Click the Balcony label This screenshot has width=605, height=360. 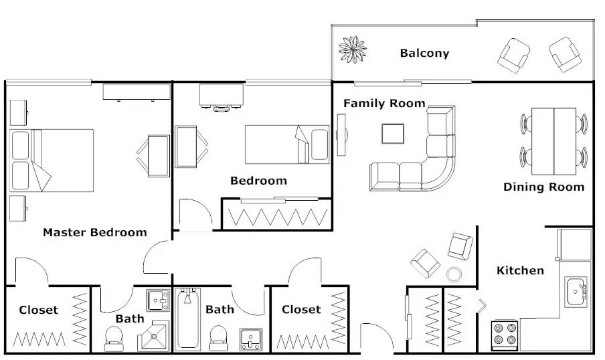point(424,53)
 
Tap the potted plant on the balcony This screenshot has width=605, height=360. point(352,50)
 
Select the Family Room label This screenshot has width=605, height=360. point(384,104)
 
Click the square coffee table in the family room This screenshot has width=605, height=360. point(393,134)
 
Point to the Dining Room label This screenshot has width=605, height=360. point(543,187)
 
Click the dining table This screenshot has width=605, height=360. point(553,141)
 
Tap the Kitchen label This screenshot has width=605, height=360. point(520,270)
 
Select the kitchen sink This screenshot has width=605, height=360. point(576,292)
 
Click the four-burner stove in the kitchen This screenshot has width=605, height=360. point(505,335)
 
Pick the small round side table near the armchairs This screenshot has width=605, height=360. point(454,274)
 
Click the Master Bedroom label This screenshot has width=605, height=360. point(95,232)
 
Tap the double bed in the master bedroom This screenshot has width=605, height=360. point(52,161)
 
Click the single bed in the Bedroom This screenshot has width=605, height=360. point(287,145)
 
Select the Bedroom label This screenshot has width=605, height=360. point(258,181)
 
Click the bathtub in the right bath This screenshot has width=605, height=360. point(188,319)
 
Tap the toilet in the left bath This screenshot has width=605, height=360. point(114,339)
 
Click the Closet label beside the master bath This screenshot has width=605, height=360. point(39,310)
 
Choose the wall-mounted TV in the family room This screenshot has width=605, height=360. point(341,134)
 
